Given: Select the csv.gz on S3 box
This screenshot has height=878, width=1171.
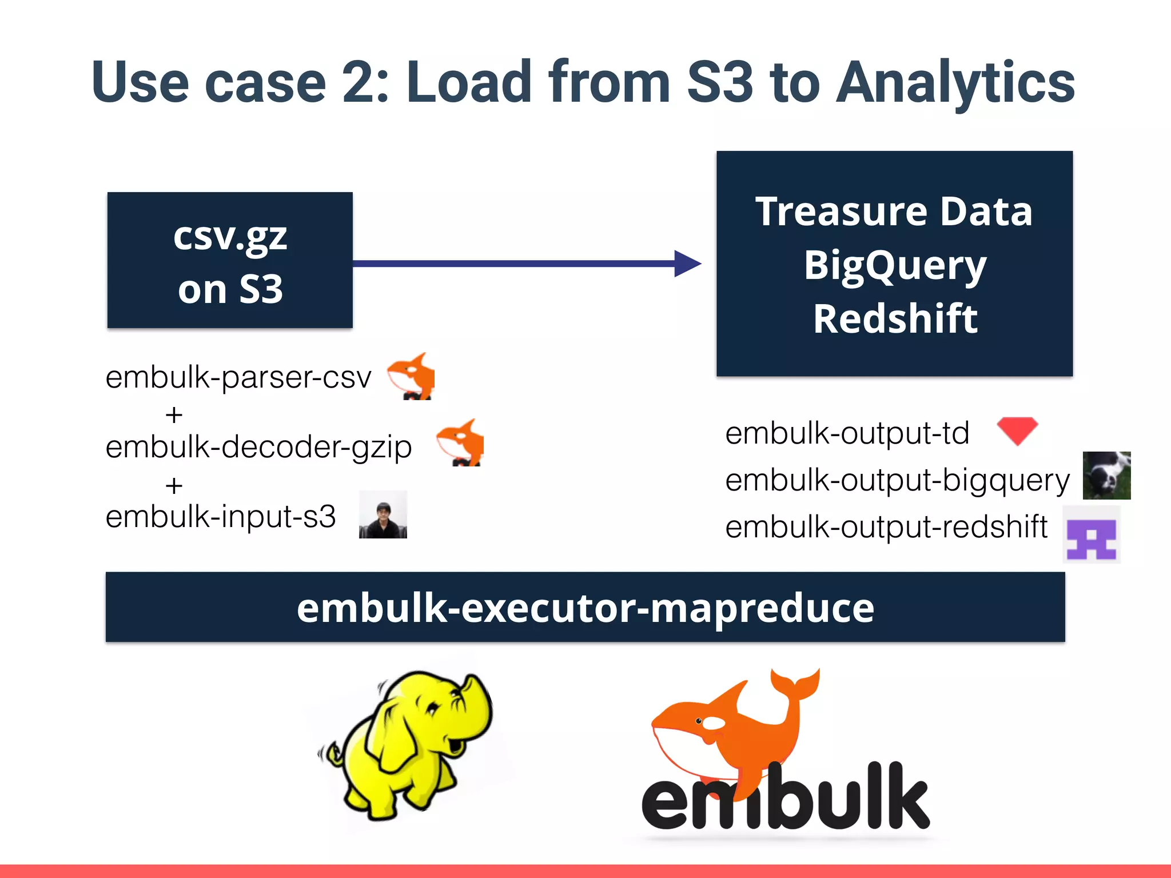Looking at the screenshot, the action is click(230, 260).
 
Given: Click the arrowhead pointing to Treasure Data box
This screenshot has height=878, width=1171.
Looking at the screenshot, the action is click(687, 264).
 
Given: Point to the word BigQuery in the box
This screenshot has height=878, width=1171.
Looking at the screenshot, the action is click(895, 266).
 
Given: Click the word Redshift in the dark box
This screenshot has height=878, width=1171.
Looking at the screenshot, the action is click(895, 318).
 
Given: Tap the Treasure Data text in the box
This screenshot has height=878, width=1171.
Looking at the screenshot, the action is click(894, 211).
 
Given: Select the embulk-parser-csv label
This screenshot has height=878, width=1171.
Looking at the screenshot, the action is click(238, 377).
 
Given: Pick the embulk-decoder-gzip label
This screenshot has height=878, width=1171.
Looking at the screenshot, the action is click(258, 447).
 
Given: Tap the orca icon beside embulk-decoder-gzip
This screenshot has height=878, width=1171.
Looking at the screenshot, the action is click(461, 442).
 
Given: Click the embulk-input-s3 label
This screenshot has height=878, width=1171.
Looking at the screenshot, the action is click(221, 517).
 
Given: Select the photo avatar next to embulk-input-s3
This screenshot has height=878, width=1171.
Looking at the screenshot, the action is click(383, 514).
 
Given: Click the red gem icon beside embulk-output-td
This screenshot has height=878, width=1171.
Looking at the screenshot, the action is click(1017, 430).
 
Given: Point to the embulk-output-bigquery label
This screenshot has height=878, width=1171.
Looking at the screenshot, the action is click(897, 480).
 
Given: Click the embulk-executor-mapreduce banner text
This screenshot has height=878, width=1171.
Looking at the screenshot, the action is click(585, 608).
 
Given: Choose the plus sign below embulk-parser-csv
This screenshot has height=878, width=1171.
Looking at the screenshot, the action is click(174, 414).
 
